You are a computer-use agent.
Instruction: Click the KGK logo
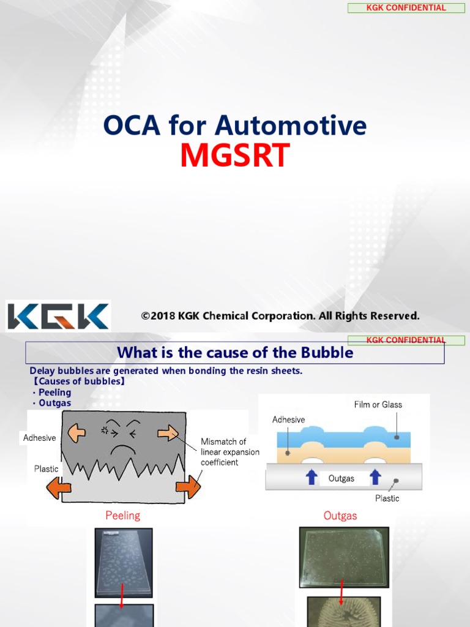click(x=59, y=317)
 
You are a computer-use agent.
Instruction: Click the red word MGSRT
click(x=234, y=156)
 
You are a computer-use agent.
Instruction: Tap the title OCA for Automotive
click(x=234, y=125)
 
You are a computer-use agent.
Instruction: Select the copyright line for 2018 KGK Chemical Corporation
click(x=280, y=316)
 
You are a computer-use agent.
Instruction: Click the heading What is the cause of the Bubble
click(x=235, y=353)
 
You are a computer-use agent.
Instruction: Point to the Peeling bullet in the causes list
click(x=54, y=392)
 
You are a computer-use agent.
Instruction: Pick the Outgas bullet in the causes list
click(x=54, y=403)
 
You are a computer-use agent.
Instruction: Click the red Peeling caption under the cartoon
click(x=122, y=516)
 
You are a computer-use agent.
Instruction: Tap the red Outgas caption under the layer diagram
click(x=340, y=516)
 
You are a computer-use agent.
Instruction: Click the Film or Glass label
click(x=378, y=404)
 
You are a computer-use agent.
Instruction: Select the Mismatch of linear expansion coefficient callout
click(x=229, y=452)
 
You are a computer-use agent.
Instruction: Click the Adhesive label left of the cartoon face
click(x=39, y=438)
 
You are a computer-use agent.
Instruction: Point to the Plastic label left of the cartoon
click(x=47, y=469)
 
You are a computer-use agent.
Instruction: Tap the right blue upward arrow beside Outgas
click(x=375, y=478)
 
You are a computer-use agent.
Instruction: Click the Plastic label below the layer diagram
click(x=387, y=498)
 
